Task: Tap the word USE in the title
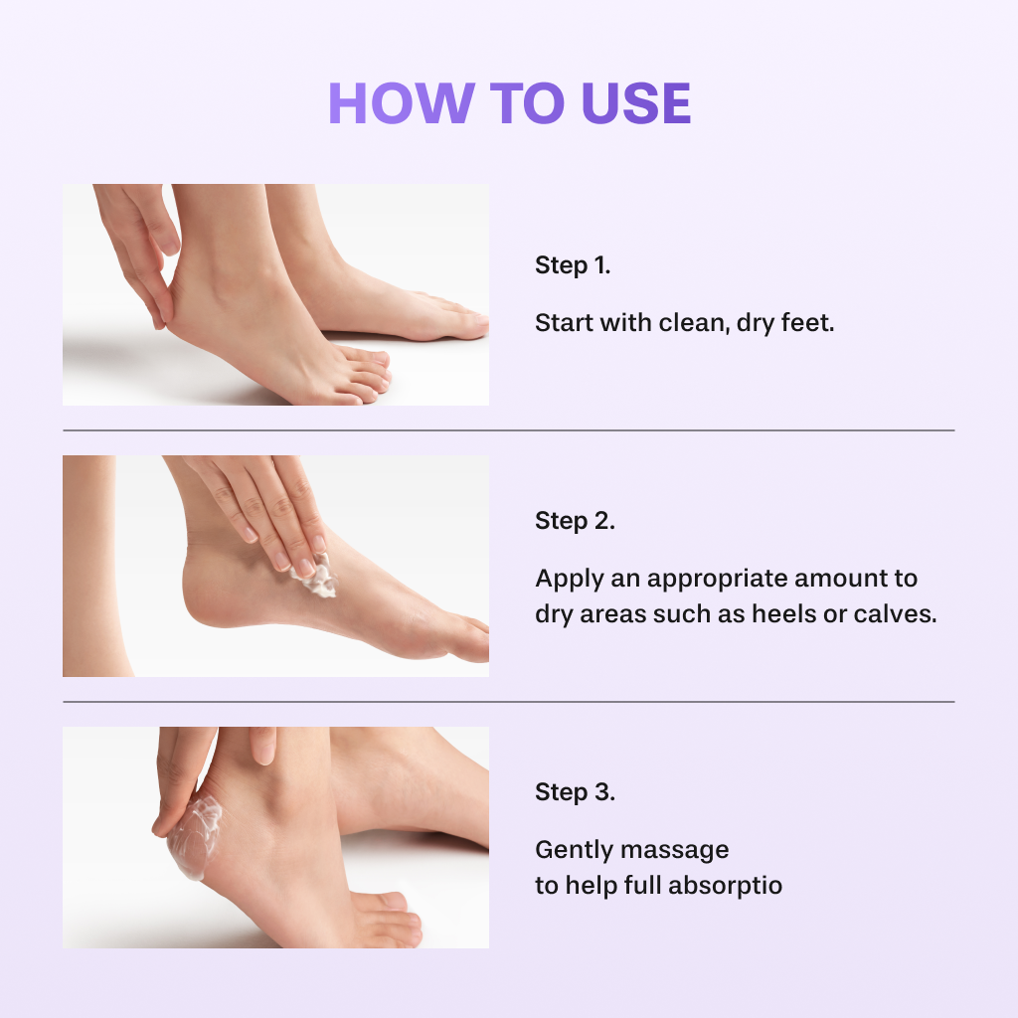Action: tap(636, 103)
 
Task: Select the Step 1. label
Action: tap(573, 265)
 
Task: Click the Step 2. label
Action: tap(575, 521)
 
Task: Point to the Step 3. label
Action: tap(575, 792)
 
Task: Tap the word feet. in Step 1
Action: tap(807, 323)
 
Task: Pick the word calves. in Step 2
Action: tap(901, 614)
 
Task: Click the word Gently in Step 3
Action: tap(573, 851)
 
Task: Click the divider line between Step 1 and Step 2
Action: tap(508, 430)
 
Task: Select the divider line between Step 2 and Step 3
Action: tap(508, 702)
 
